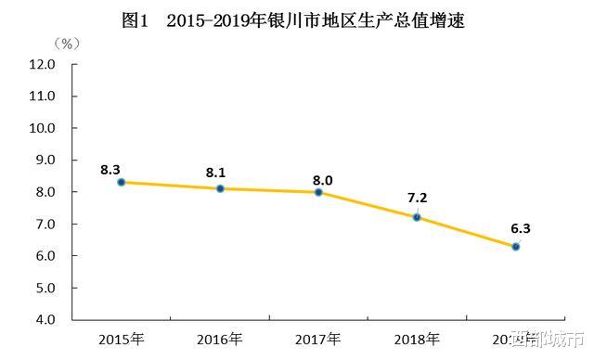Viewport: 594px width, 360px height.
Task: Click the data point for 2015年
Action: click(x=122, y=182)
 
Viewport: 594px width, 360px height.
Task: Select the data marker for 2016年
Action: click(x=220, y=188)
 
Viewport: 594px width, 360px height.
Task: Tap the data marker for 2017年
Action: click(x=318, y=192)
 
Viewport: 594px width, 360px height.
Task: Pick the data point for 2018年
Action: click(x=417, y=217)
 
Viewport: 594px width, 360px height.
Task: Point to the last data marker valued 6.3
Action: click(x=515, y=246)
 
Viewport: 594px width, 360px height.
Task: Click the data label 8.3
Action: click(x=110, y=169)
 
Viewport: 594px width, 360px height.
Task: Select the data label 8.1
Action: click(x=215, y=172)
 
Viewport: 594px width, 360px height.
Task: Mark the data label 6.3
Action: click(x=520, y=228)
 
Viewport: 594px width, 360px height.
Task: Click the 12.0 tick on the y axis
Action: click(x=43, y=65)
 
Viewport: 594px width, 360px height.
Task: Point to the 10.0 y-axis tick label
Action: click(x=43, y=129)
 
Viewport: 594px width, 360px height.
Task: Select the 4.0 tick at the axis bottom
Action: click(x=45, y=320)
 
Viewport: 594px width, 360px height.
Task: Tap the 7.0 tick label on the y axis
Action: click(x=45, y=225)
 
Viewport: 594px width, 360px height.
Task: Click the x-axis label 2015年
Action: click(x=122, y=338)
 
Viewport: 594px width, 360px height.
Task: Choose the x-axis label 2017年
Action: click(x=318, y=338)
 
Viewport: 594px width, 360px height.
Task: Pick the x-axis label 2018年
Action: click(x=417, y=338)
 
